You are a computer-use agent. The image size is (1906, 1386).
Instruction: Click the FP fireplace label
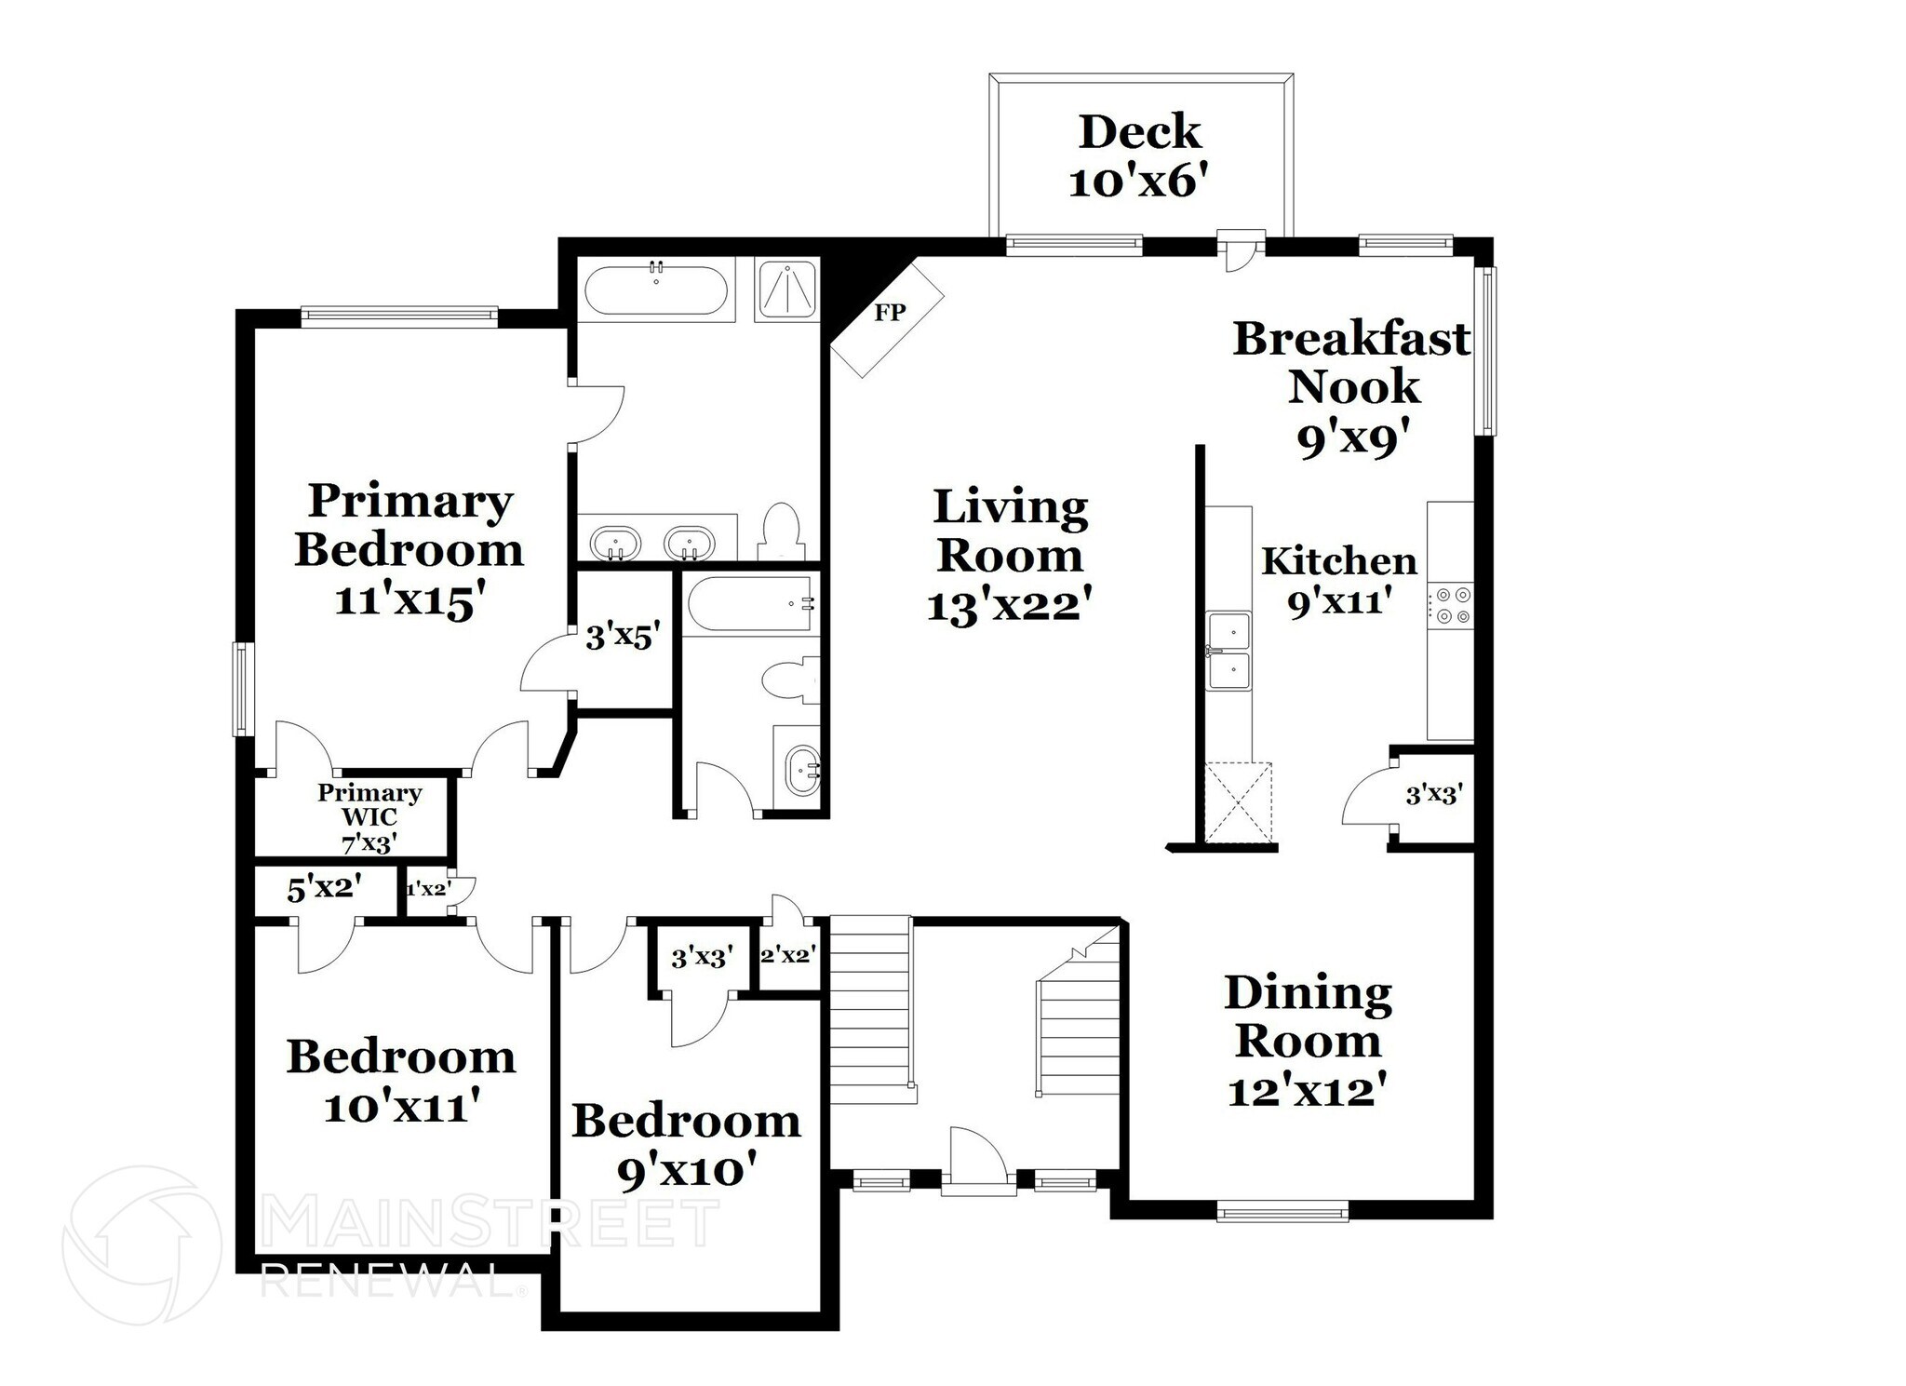point(890,313)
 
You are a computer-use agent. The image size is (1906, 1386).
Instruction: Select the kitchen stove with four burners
point(1451,604)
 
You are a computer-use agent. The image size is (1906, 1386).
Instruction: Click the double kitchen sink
point(1229,651)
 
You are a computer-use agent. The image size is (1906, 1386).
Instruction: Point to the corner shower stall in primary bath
point(787,289)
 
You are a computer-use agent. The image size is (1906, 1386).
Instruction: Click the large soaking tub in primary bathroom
point(656,289)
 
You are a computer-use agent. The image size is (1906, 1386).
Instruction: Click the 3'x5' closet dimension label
point(623,638)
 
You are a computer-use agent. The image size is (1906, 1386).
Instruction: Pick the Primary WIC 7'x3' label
point(369,817)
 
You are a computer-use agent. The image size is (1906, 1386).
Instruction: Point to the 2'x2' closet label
point(788,955)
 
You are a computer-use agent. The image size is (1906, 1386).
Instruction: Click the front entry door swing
point(977,1159)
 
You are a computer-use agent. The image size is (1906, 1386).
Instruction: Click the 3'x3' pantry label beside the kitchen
point(1433,795)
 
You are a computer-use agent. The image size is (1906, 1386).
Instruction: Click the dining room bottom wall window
point(1282,1211)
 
